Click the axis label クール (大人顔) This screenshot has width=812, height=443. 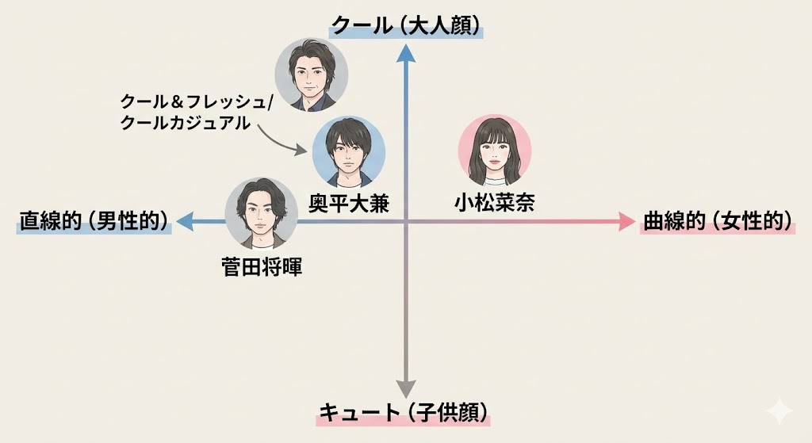pyautogui.click(x=407, y=26)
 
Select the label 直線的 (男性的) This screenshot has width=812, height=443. pyautogui.click(x=94, y=221)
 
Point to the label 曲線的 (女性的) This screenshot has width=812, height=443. pyautogui.click(x=718, y=221)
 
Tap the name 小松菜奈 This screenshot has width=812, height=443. pyautogui.click(x=494, y=204)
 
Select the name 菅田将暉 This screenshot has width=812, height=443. pyautogui.click(x=262, y=267)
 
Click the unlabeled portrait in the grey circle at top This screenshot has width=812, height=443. pyautogui.click(x=311, y=74)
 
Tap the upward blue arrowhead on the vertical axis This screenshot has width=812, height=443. pyautogui.click(x=406, y=53)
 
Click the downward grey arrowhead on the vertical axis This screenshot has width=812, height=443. pyautogui.click(x=406, y=388)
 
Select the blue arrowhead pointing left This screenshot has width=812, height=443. pyautogui.click(x=186, y=223)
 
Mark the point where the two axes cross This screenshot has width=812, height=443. pyautogui.click(x=406, y=223)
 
